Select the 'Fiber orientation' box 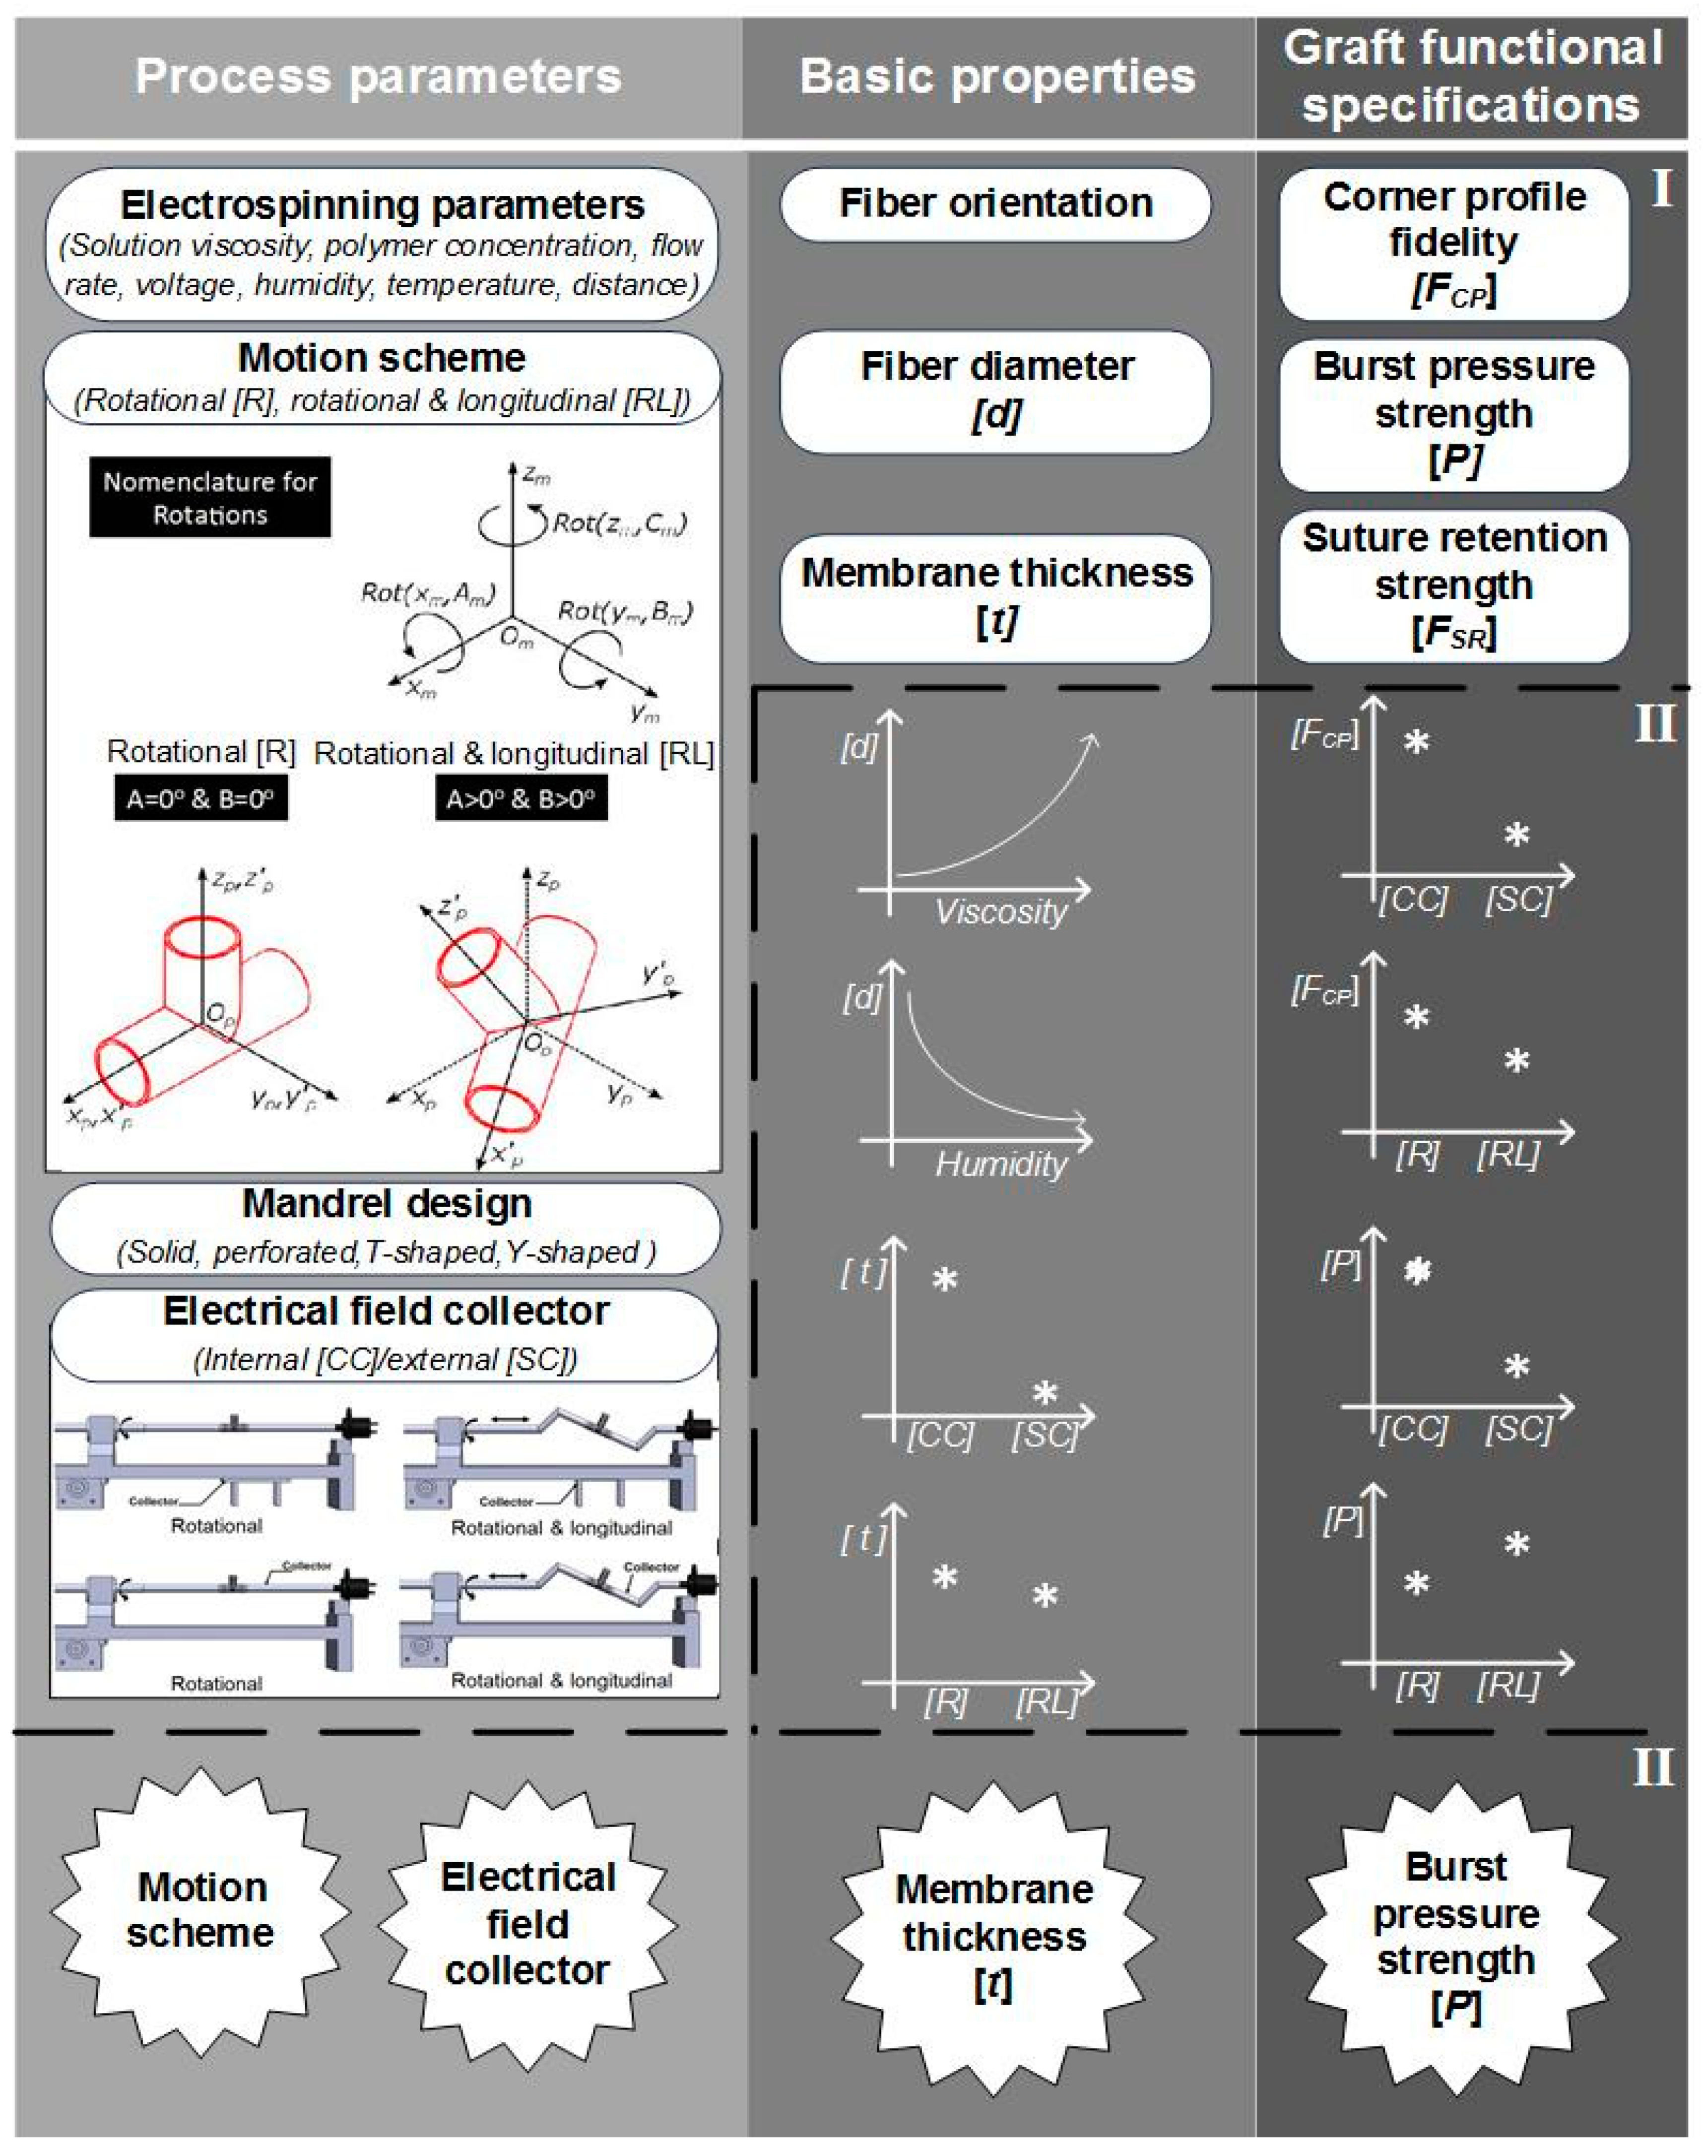(x=996, y=203)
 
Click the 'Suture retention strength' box (x=1453, y=586)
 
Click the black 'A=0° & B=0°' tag (x=200, y=799)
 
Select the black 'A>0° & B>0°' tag (x=521, y=799)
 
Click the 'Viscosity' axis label (x=1001, y=911)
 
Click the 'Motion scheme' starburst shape (x=200, y=1909)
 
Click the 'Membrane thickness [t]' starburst (x=995, y=1937)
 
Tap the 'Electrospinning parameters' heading (x=382, y=205)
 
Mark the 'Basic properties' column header (x=998, y=77)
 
